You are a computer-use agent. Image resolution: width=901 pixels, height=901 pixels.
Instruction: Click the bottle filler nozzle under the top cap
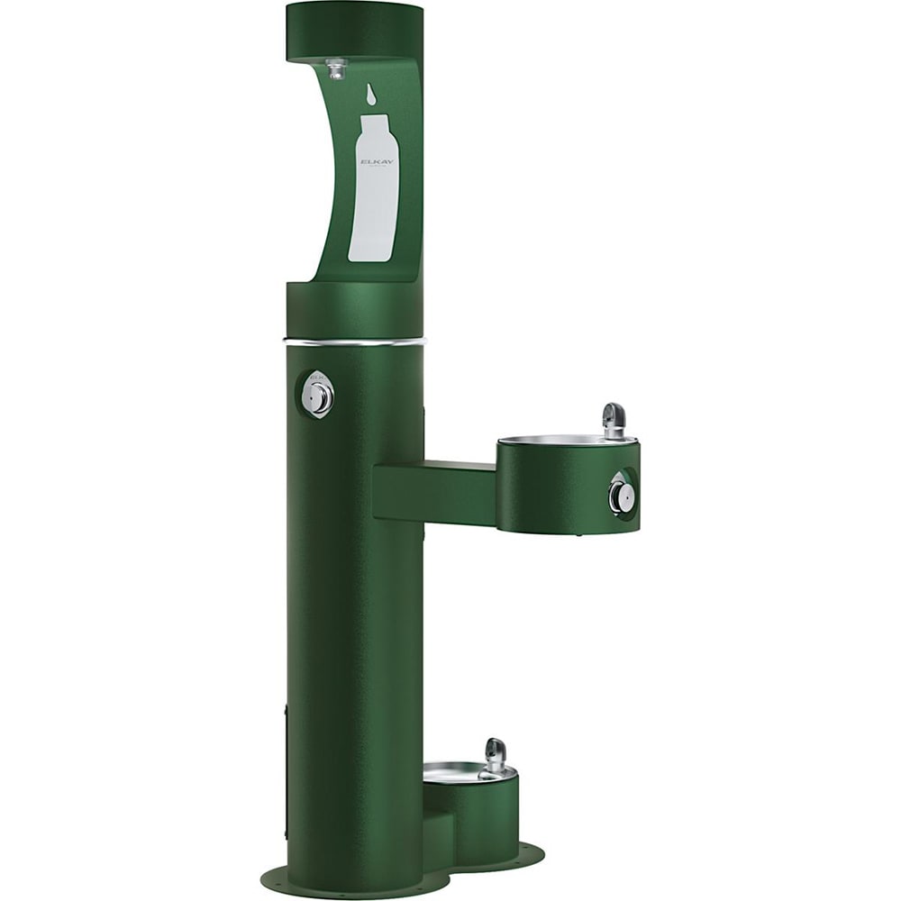[337, 68]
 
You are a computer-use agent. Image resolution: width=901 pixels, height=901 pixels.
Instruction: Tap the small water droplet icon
[370, 93]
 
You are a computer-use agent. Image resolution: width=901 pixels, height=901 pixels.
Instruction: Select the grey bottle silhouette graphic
[374, 194]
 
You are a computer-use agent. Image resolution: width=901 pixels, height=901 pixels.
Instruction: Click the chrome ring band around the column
[354, 342]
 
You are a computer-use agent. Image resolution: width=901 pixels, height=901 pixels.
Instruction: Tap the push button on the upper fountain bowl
[621, 495]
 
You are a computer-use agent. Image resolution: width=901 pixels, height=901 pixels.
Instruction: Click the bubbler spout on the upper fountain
[614, 418]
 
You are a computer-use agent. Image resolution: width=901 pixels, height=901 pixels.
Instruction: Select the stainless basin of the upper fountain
[559, 440]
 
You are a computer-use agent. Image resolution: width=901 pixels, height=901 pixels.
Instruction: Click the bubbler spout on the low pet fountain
[495, 754]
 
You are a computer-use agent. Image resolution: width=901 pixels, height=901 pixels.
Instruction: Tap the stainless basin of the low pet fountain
[455, 772]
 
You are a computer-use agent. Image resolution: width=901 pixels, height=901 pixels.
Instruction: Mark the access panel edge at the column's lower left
[287, 766]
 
